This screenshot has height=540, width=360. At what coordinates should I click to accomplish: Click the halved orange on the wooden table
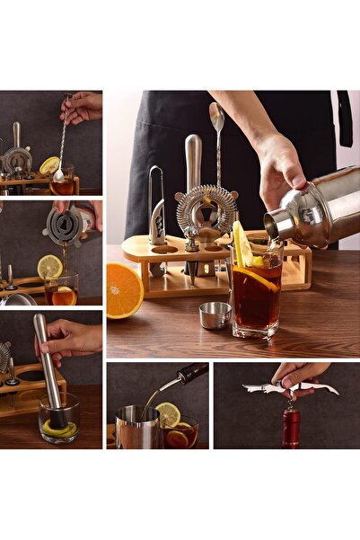click(x=124, y=290)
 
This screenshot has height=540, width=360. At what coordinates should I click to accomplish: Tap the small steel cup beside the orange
click(x=215, y=314)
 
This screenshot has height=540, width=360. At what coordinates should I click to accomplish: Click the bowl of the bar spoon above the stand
click(x=216, y=118)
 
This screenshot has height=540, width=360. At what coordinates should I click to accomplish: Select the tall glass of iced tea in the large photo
click(x=256, y=297)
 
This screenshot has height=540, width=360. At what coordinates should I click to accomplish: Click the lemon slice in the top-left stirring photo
click(x=49, y=165)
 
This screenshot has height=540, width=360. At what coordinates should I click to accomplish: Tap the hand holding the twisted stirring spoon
click(x=82, y=107)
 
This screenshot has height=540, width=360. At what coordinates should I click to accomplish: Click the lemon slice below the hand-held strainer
click(x=50, y=266)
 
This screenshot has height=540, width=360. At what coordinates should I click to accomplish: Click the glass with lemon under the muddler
click(x=59, y=419)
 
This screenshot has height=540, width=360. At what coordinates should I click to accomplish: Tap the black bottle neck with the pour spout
click(x=191, y=372)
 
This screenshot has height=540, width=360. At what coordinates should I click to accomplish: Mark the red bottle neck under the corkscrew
click(x=292, y=422)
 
